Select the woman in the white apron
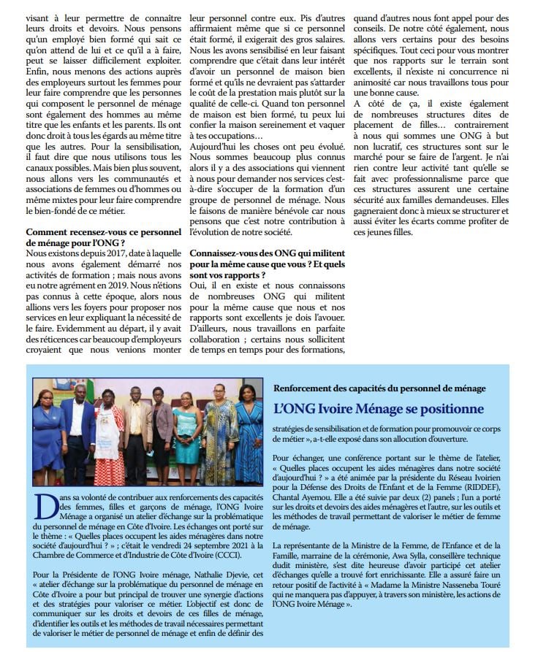point(110,438)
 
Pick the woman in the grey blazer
point(162,431)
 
